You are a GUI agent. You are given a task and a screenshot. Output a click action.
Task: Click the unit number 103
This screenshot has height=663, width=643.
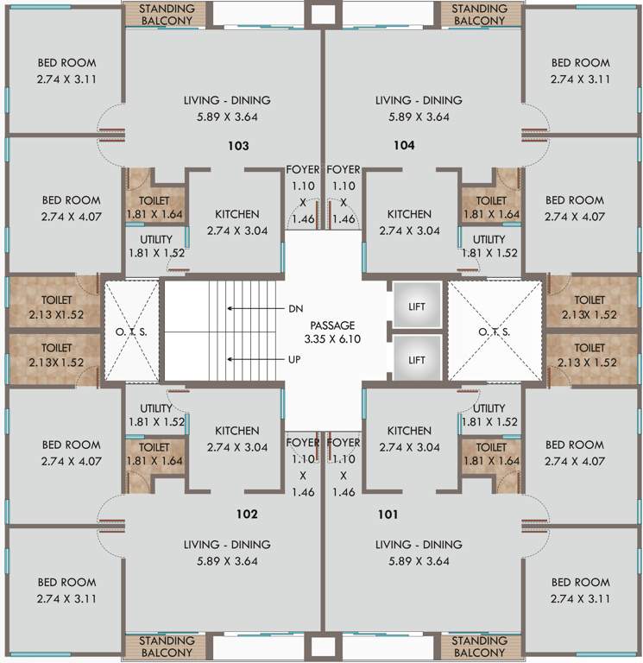238,146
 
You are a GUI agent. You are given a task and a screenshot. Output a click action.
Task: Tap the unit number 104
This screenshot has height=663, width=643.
404,146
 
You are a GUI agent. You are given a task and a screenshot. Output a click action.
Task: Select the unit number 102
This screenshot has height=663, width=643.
247,515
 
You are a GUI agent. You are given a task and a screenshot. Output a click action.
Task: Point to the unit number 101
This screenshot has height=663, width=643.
388,515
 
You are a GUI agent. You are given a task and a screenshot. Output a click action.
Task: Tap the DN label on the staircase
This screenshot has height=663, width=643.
296,307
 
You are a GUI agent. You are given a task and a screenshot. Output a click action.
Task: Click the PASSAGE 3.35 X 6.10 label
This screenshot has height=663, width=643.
333,332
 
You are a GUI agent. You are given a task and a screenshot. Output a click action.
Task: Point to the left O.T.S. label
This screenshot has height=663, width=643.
132,331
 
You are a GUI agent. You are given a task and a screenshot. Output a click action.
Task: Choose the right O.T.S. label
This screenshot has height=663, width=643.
493,331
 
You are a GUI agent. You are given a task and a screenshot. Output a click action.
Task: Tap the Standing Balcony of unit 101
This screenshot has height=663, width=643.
479,647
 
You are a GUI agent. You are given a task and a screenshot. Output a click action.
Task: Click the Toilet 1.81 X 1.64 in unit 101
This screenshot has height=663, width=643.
491,454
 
